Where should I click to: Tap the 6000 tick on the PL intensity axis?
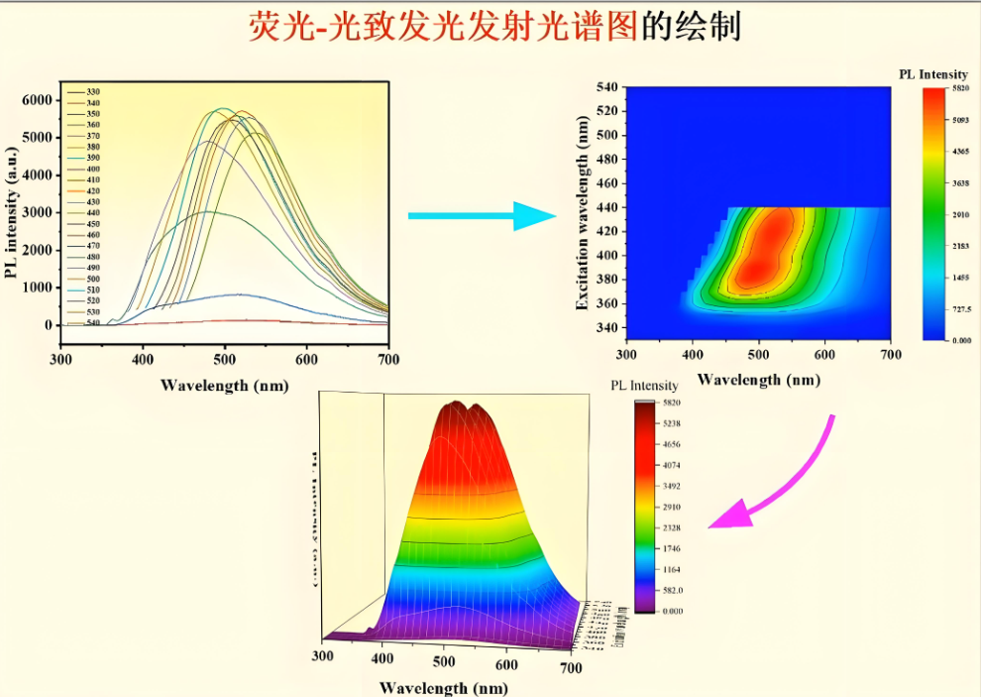click(37, 100)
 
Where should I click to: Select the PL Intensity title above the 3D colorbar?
click(644, 386)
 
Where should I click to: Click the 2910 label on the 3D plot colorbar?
click(674, 507)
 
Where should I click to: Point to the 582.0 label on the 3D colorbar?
click(674, 590)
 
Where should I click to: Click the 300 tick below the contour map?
click(626, 353)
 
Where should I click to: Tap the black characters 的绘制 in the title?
click(691, 27)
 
